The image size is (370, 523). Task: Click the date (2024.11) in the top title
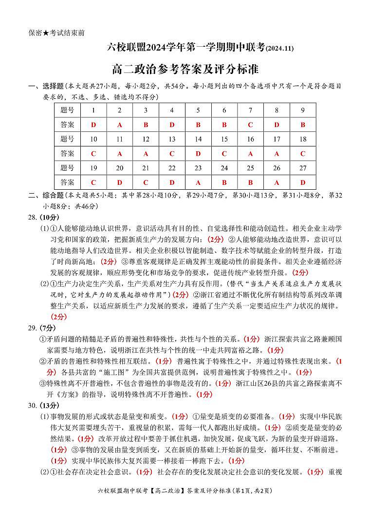pyautogui.click(x=279, y=48)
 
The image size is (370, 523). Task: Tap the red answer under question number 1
pyautogui.click(x=93, y=125)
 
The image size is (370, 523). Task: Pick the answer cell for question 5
pyautogui.click(x=198, y=125)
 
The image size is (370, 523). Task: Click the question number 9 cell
pyautogui.click(x=302, y=110)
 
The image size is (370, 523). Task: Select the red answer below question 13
pyautogui.click(x=172, y=154)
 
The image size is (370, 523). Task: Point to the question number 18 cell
pyautogui.click(x=302, y=139)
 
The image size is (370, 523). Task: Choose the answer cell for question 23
pyautogui.click(x=198, y=183)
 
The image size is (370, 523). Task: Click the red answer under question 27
pyautogui.click(x=302, y=183)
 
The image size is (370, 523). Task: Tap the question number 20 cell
pyautogui.click(x=120, y=168)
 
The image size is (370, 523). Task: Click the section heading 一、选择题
pyautogui.click(x=46, y=86)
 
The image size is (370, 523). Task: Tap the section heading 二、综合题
pyautogui.click(x=46, y=196)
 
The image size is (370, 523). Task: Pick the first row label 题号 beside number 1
pyautogui.click(x=67, y=110)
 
